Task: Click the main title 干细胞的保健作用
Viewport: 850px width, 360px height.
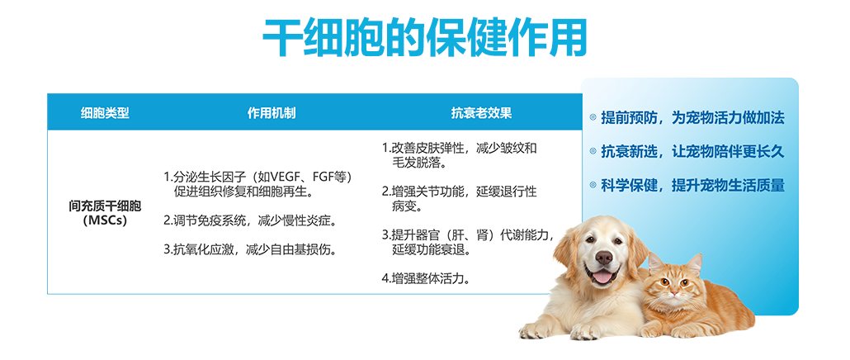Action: click(424, 37)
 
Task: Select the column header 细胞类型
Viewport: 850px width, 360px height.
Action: click(105, 113)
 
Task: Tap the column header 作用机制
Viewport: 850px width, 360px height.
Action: click(272, 113)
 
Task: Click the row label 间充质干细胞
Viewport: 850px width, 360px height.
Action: click(105, 206)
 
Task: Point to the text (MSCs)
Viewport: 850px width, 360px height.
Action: click(105, 220)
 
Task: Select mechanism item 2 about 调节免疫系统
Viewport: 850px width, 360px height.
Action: click(250, 220)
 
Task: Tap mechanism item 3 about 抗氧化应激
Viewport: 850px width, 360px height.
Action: click(250, 249)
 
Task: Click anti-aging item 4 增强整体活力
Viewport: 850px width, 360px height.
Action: click(426, 279)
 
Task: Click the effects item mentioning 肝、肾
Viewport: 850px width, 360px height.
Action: click(469, 243)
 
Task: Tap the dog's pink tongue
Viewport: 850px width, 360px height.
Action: click(602, 277)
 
